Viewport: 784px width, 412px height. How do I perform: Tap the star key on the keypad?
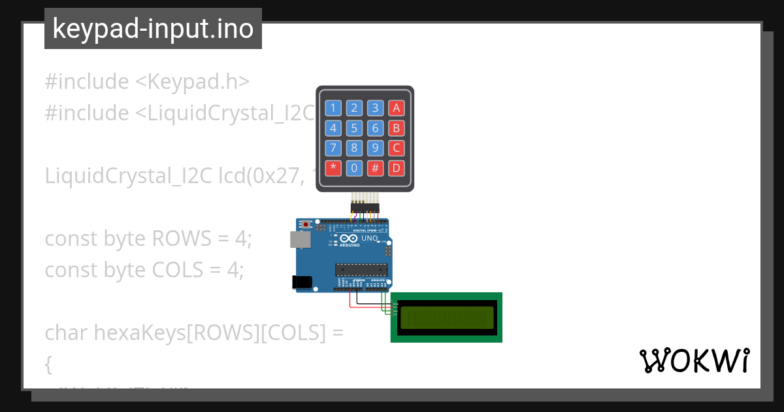(334, 168)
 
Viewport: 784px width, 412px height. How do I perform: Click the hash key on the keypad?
(375, 168)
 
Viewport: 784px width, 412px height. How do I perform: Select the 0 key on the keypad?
(354, 168)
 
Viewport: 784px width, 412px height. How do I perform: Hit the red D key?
(395, 168)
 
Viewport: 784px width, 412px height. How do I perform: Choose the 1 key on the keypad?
(334, 108)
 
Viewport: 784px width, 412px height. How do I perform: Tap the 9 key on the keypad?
(375, 148)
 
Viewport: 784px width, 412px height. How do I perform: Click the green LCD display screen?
(447, 317)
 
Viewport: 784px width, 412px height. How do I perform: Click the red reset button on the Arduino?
(305, 225)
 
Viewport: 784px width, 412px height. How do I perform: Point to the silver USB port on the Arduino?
(301, 240)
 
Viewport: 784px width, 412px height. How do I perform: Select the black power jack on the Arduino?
(301, 282)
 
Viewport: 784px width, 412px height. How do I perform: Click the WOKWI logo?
(694, 361)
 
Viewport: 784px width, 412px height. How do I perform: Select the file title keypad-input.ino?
(153, 29)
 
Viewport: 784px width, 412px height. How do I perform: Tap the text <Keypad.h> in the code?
(193, 82)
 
